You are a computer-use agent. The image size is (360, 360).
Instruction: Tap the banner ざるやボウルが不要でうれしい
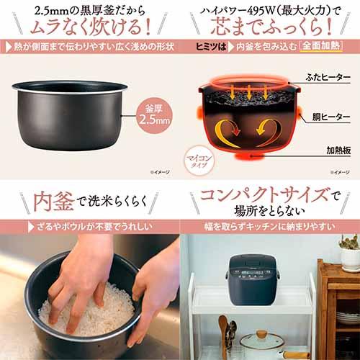pos(89,227)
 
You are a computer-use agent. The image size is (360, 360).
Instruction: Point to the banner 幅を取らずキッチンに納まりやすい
pos(270,227)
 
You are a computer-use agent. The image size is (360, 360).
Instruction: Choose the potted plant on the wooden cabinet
pos(351,248)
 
